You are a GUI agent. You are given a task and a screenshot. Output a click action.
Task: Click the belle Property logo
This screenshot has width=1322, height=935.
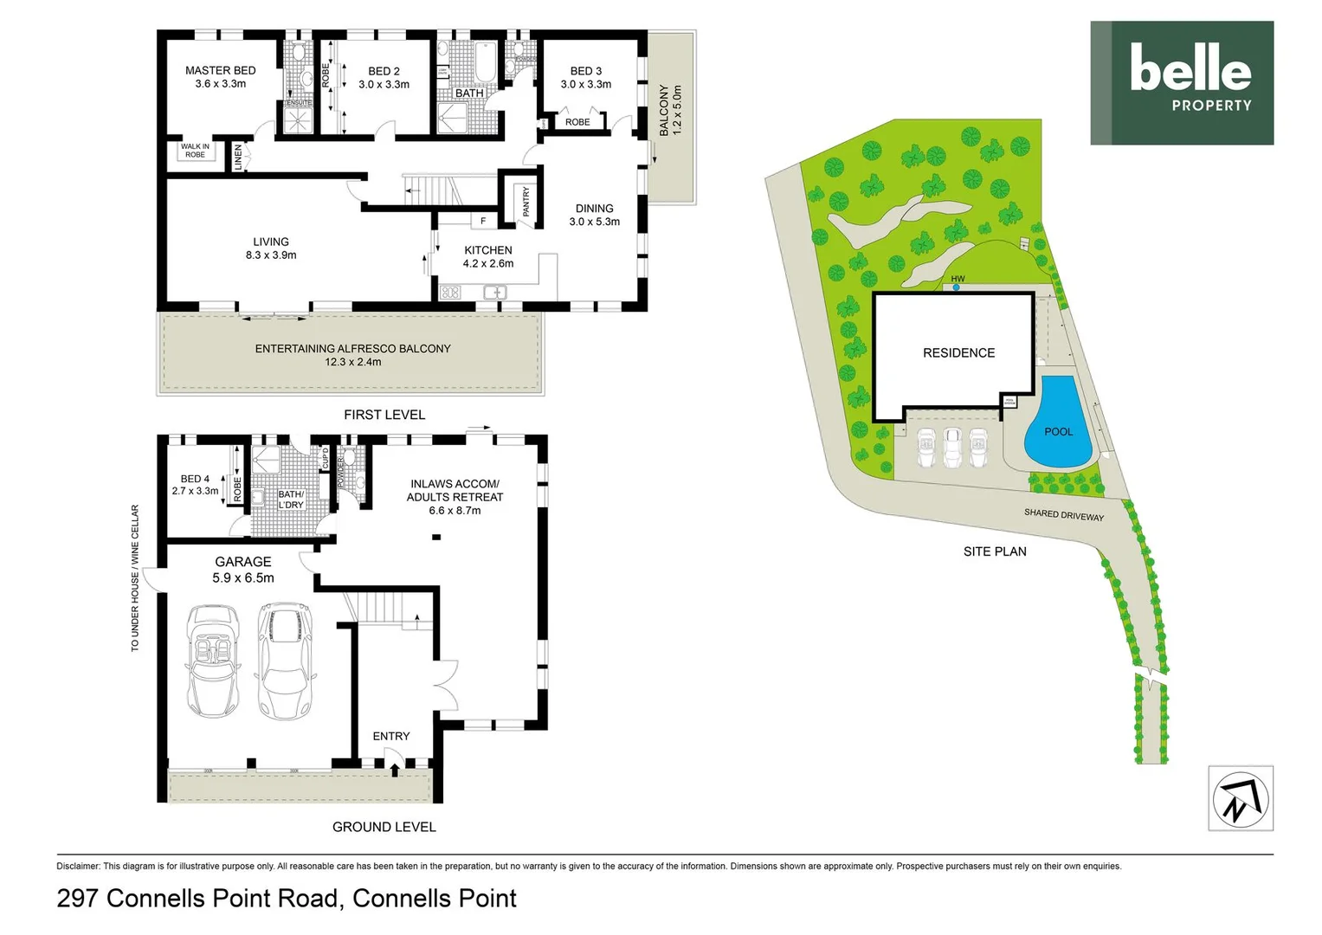tap(1181, 82)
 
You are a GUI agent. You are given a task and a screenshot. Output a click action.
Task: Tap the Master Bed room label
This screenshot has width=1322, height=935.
tap(220, 77)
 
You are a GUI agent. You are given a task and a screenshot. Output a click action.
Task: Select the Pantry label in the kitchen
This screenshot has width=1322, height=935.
tap(526, 202)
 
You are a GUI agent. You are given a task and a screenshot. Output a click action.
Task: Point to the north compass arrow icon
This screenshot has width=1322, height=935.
tap(1240, 798)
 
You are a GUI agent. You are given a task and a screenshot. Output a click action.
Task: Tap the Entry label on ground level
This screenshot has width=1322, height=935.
tap(391, 736)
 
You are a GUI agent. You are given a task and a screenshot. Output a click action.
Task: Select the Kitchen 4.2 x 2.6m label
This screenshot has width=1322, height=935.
tap(488, 256)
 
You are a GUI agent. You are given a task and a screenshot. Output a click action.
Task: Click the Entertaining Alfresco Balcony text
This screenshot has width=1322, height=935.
tap(352, 354)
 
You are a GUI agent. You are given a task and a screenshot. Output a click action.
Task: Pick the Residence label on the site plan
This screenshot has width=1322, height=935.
tap(958, 352)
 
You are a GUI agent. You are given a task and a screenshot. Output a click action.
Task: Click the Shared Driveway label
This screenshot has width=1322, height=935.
tap(1063, 514)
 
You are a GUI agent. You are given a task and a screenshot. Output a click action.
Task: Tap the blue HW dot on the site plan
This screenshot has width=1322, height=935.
tap(956, 287)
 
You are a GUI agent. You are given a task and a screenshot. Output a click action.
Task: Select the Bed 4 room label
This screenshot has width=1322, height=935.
tap(195, 484)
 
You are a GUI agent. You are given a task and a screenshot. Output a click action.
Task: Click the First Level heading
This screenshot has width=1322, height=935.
tap(384, 415)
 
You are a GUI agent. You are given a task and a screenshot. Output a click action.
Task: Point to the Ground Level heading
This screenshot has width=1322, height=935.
tap(384, 827)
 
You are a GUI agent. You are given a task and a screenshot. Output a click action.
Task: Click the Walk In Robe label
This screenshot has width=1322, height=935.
tap(195, 151)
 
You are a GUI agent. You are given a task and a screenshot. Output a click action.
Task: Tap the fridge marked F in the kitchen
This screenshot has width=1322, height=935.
tap(483, 221)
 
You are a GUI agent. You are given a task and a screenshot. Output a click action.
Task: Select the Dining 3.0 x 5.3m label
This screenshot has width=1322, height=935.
tap(594, 215)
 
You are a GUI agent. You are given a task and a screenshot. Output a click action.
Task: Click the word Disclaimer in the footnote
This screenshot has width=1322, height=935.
tap(78, 866)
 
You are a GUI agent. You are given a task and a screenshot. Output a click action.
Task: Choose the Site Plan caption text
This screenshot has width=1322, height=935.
tap(995, 551)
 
